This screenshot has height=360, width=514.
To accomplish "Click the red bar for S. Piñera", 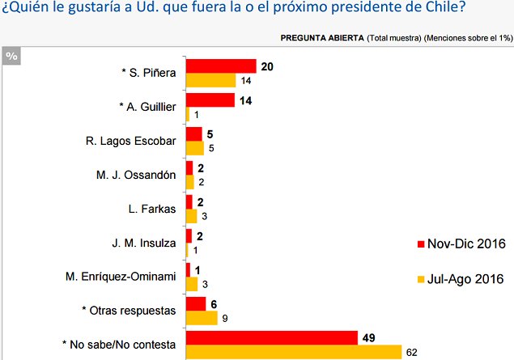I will (221, 66).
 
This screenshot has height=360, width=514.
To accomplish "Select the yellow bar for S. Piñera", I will (210, 80).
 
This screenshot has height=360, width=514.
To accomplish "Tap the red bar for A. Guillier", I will (210, 100).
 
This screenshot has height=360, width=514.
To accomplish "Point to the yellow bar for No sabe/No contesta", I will (294, 352).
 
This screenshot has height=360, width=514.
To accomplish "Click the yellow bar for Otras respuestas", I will (202, 318).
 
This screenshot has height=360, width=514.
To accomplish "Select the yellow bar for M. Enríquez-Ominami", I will (192, 284).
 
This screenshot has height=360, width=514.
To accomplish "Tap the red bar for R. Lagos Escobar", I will (193, 134).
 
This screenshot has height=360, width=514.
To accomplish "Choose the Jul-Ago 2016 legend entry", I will (461, 279).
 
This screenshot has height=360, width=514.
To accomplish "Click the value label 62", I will (412, 353).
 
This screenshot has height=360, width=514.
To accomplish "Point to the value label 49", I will (369, 337).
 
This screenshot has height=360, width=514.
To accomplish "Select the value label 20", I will (266, 66).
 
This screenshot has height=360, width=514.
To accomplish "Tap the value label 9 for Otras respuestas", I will (224, 319).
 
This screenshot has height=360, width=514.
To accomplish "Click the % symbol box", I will (11, 55).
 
